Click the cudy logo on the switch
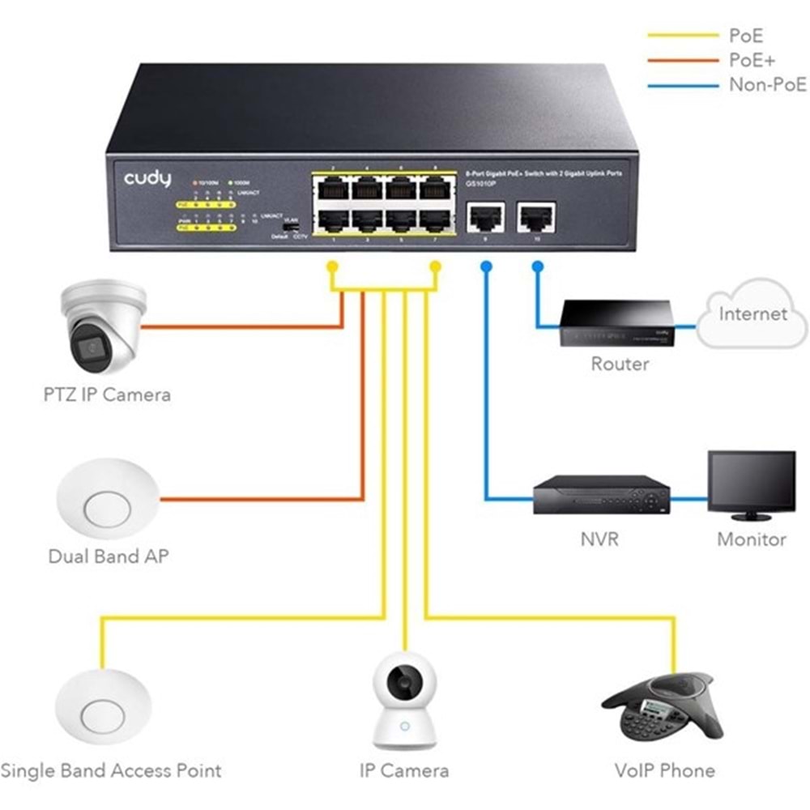tap(147, 178)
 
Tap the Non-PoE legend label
tap(768, 85)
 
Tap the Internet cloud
tap(752, 315)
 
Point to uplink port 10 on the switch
tap(535, 216)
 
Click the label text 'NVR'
tap(599, 538)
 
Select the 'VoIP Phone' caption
tap(664, 769)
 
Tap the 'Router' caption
tap(619, 364)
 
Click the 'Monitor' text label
tap(751, 539)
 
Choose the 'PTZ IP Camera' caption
tap(107, 394)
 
